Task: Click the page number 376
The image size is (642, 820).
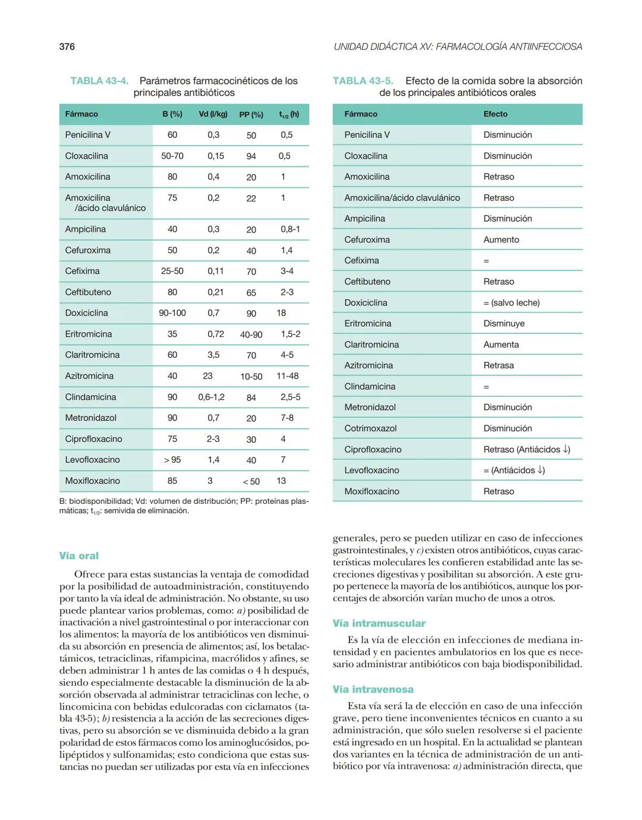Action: [x=67, y=46]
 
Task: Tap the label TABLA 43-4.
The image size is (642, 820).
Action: [x=99, y=81]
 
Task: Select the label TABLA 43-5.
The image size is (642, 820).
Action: [x=363, y=81]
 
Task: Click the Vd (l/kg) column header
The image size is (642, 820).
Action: [x=213, y=114]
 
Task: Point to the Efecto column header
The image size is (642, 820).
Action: [x=495, y=114]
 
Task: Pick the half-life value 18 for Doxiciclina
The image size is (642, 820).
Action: [x=281, y=313]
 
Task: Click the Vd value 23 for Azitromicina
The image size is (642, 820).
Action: [x=207, y=376]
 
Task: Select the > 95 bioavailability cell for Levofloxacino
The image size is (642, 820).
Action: [x=172, y=460]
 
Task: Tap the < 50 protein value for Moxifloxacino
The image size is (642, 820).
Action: [x=251, y=481]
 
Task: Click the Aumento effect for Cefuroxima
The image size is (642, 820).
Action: [x=501, y=239]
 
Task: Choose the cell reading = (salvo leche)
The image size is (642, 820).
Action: [x=511, y=302]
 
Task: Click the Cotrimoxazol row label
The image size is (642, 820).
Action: [x=370, y=428]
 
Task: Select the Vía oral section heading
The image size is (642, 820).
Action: [x=78, y=556]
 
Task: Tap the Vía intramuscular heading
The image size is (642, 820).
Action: [x=379, y=623]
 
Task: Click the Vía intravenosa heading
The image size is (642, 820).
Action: [x=373, y=689]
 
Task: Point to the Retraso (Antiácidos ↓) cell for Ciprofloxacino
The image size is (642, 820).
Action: [x=526, y=449]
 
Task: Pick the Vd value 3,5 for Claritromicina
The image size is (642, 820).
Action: [x=213, y=355]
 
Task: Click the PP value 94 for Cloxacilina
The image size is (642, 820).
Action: [x=251, y=156]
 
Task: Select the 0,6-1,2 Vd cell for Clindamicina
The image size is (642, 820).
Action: [x=211, y=397]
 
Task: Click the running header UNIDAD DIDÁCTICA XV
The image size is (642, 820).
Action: [x=458, y=46]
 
